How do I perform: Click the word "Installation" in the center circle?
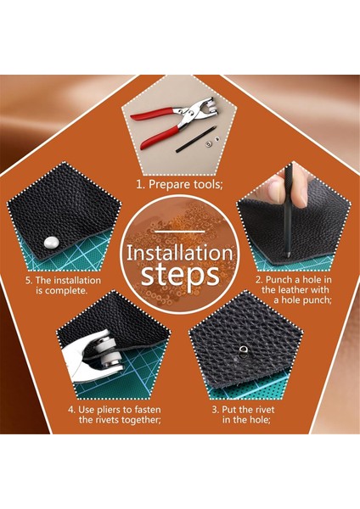[x=180, y=254]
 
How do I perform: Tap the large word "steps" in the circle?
[x=180, y=275]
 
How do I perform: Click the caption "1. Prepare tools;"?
[x=180, y=185]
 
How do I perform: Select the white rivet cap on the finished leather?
[x=51, y=243]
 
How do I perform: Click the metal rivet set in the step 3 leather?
[x=243, y=351]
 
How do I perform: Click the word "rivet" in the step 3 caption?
[x=266, y=410]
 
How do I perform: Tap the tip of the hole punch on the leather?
[x=288, y=255]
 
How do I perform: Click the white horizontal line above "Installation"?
[x=180, y=232]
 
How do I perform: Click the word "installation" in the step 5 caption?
[x=77, y=280]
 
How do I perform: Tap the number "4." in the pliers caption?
[x=72, y=410]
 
